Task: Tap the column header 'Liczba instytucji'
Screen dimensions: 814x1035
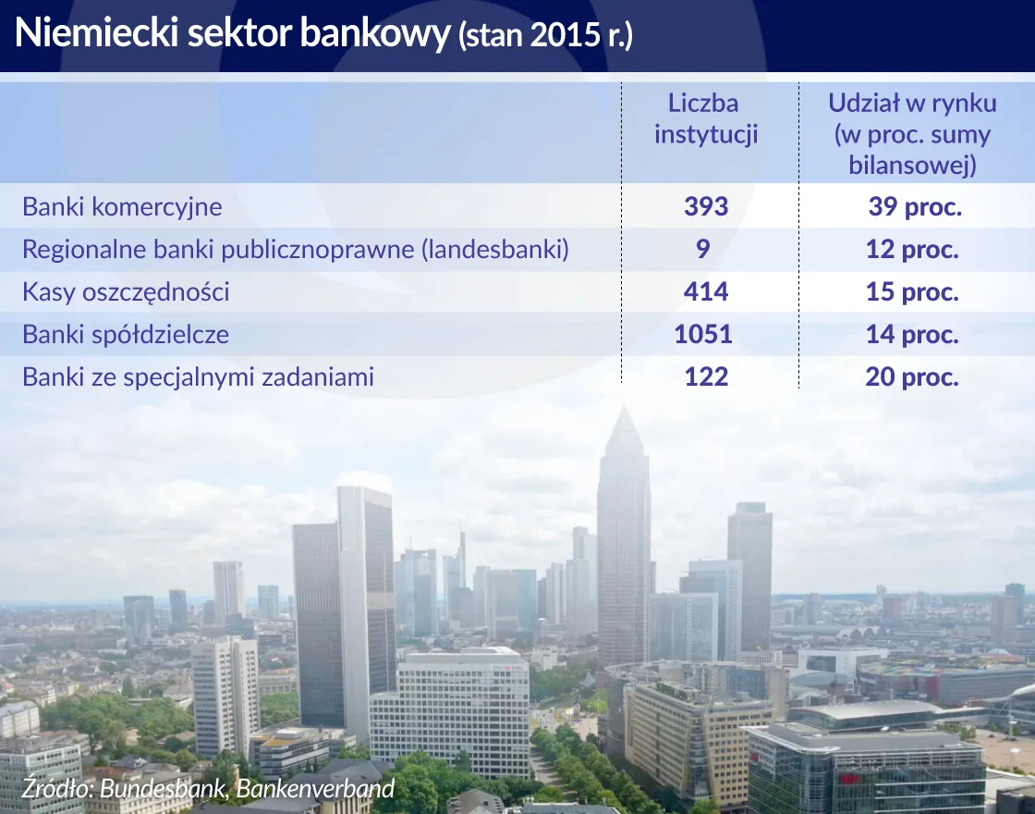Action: (x=706, y=118)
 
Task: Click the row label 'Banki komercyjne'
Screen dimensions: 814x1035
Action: (x=122, y=206)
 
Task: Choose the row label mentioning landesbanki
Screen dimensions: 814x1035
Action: (x=295, y=250)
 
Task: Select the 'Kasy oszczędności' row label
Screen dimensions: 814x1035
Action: (x=126, y=292)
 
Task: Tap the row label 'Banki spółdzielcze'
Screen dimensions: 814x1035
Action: (x=126, y=334)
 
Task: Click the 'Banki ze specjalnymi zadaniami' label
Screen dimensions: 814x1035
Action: (x=198, y=377)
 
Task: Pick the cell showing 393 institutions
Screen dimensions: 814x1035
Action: (x=706, y=206)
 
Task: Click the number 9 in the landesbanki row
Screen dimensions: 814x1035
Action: (x=704, y=250)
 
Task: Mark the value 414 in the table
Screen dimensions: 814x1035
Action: (x=706, y=292)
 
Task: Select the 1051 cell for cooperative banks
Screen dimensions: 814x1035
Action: (x=704, y=334)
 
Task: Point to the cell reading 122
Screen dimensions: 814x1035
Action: (x=706, y=377)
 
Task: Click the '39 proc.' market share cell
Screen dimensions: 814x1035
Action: (x=914, y=206)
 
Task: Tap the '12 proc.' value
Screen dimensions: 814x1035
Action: (x=912, y=250)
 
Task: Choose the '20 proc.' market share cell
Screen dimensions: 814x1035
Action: (x=912, y=377)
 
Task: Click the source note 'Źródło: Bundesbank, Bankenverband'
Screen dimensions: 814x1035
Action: (x=209, y=788)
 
